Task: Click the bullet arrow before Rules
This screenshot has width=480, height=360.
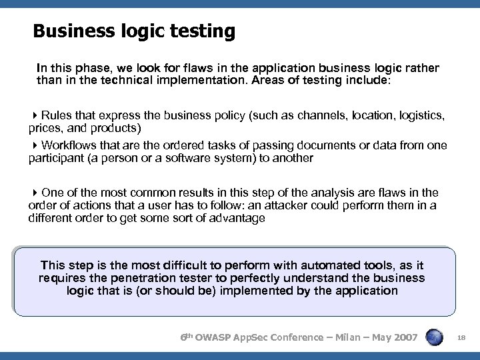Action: pyautogui.click(x=35, y=115)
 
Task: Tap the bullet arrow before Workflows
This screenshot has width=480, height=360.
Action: pyautogui.click(x=35, y=145)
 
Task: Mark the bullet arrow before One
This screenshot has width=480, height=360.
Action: pyautogui.click(x=35, y=193)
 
